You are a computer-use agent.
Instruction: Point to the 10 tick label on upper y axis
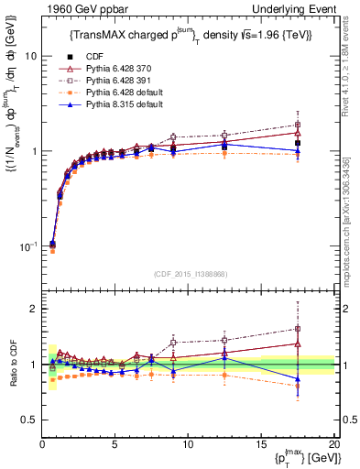[30, 56]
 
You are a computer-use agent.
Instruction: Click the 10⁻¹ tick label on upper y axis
[27, 246]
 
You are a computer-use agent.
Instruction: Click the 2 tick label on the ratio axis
[34, 309]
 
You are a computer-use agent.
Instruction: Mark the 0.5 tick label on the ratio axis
[29, 420]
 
